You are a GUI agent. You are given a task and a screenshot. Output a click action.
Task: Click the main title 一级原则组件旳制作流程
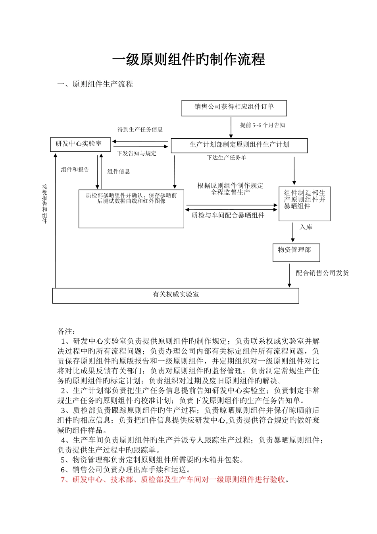(188, 60)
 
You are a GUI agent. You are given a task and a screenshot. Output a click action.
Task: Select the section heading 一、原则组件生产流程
(95, 84)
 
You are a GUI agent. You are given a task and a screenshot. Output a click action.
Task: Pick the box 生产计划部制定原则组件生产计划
(239, 145)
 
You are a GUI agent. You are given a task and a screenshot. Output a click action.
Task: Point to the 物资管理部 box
(296, 253)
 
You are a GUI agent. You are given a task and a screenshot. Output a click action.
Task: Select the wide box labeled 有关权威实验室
(176, 296)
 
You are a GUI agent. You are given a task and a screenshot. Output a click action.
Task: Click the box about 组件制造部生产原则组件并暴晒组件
(304, 203)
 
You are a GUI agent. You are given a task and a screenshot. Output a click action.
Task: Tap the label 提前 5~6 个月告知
(262, 125)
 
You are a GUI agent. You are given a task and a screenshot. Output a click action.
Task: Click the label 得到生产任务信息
(140, 130)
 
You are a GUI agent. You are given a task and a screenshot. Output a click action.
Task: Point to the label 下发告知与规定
(137, 153)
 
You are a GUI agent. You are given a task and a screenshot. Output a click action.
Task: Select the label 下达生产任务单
(227, 158)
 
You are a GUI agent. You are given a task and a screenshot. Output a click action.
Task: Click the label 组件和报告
(75, 170)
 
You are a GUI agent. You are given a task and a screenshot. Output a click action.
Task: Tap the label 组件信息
(119, 172)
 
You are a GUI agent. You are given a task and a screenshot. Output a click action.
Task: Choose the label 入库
(306, 227)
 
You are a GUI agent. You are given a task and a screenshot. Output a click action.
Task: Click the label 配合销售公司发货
(322, 273)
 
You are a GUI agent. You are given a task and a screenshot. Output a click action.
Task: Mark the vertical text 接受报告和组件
(45, 203)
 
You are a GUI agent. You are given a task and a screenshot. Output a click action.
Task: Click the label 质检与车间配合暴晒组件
(228, 215)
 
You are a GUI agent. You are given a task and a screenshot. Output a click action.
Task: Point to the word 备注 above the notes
(66, 331)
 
